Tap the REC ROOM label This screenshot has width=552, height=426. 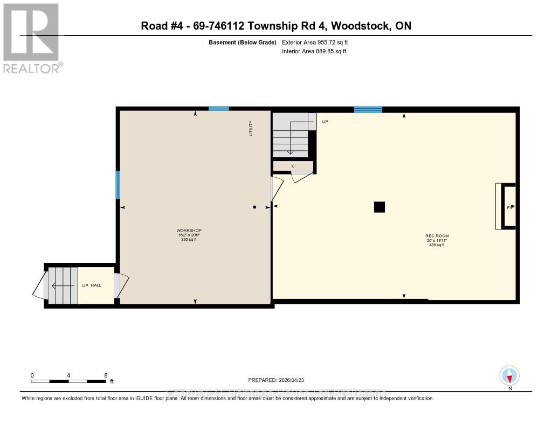point(437,236)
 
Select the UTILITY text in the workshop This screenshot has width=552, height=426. point(251,128)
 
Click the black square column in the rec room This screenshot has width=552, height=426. point(379,207)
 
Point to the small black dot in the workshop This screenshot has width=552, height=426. point(255,207)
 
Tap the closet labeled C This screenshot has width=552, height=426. point(293,166)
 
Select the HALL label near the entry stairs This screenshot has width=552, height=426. point(96,285)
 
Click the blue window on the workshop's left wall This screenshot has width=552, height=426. point(118,185)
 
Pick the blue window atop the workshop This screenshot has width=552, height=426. point(218,109)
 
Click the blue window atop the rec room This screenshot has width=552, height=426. point(368,110)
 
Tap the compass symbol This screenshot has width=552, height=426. point(509,375)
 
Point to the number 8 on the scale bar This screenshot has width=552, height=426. point(106,375)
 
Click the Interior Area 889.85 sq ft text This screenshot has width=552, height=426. point(314,51)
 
